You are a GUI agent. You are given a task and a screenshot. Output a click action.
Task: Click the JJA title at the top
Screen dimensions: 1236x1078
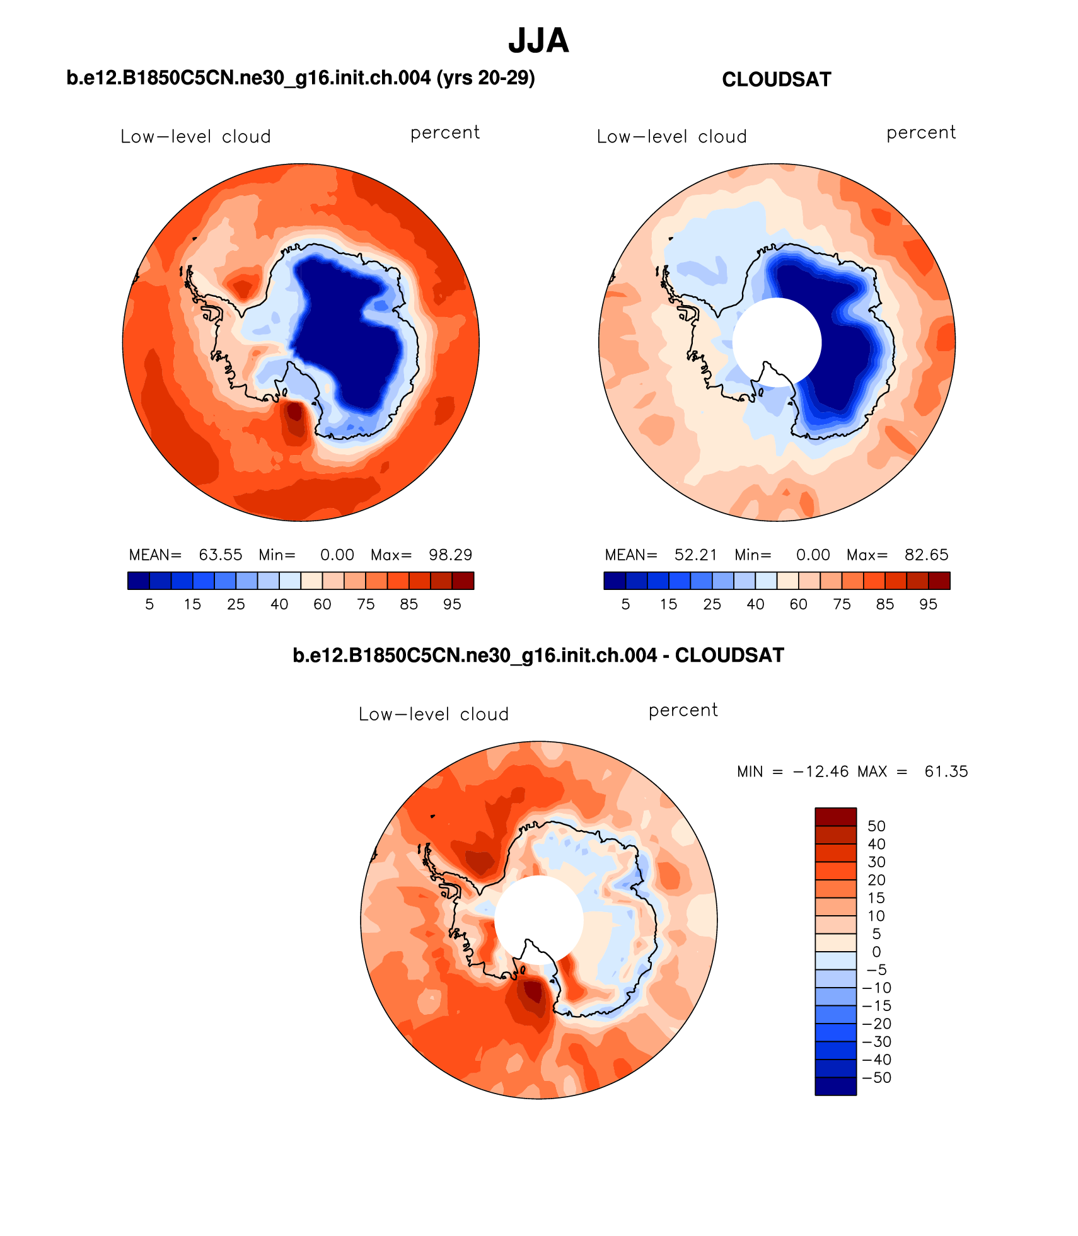click(x=538, y=41)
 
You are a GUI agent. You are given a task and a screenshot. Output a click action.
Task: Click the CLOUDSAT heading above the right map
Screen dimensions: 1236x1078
click(x=776, y=79)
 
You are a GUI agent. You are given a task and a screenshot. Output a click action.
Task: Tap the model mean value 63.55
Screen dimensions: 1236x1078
click(x=221, y=555)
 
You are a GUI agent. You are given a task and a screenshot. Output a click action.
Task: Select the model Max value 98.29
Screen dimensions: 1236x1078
click(x=450, y=555)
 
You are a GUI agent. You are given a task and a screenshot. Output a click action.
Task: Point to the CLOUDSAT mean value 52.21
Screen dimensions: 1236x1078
click(x=696, y=555)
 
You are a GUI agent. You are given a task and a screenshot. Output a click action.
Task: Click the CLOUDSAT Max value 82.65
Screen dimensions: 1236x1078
click(x=926, y=555)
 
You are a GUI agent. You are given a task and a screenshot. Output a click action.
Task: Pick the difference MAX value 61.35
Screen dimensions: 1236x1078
click(x=946, y=771)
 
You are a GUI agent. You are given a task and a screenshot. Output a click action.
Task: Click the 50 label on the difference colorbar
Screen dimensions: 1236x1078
click(x=876, y=826)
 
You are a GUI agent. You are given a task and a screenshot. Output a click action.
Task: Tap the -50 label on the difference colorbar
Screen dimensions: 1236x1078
click(x=876, y=1077)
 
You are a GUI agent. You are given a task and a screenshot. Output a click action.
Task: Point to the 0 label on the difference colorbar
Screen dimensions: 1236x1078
click(x=876, y=952)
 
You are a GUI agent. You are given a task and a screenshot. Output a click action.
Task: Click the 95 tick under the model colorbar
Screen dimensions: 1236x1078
click(x=452, y=604)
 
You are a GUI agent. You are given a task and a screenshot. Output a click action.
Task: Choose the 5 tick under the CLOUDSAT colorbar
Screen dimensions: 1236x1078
click(x=625, y=604)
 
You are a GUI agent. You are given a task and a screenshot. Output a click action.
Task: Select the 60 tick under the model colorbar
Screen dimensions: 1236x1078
click(x=322, y=604)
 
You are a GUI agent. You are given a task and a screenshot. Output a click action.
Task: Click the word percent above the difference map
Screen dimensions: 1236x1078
click(x=683, y=710)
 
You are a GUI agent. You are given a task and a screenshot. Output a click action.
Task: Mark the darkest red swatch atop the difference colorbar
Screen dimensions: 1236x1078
click(x=835, y=817)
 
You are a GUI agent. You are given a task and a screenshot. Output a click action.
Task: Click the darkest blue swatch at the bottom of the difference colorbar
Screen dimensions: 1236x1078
click(x=835, y=1086)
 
